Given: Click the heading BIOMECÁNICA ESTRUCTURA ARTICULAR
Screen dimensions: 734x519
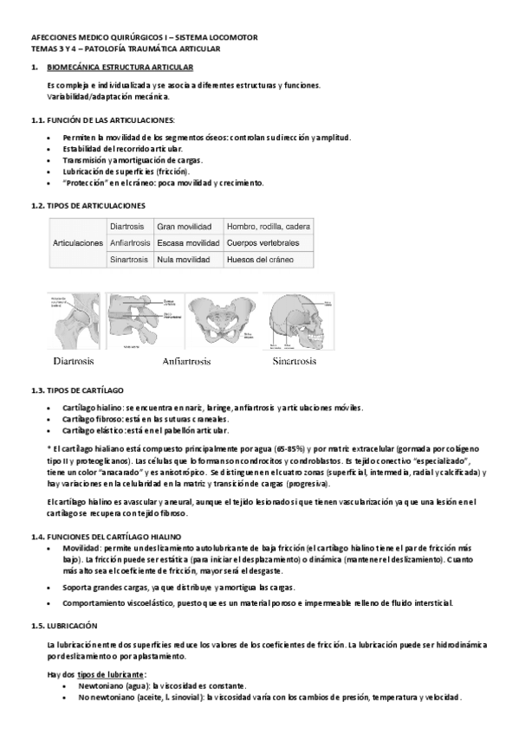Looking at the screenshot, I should [120, 67].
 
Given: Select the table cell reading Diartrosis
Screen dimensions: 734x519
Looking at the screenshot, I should [127, 226].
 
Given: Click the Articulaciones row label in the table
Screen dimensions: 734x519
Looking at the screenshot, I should [78, 243].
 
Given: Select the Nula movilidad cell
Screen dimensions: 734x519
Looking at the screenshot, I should [185, 260].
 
